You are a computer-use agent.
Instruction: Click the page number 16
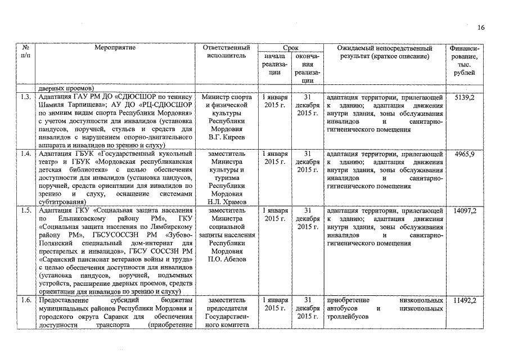coord(480,27)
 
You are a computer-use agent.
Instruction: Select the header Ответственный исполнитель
coord(226,52)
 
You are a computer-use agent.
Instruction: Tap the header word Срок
coord(291,48)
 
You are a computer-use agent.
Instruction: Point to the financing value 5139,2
coord(464,97)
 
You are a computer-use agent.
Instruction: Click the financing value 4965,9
coord(464,154)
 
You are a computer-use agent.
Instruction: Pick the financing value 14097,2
coord(464,210)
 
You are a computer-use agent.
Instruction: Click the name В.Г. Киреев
coord(226,137)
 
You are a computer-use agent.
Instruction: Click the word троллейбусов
coord(346,317)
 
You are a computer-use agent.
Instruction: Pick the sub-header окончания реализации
coord(308,69)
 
